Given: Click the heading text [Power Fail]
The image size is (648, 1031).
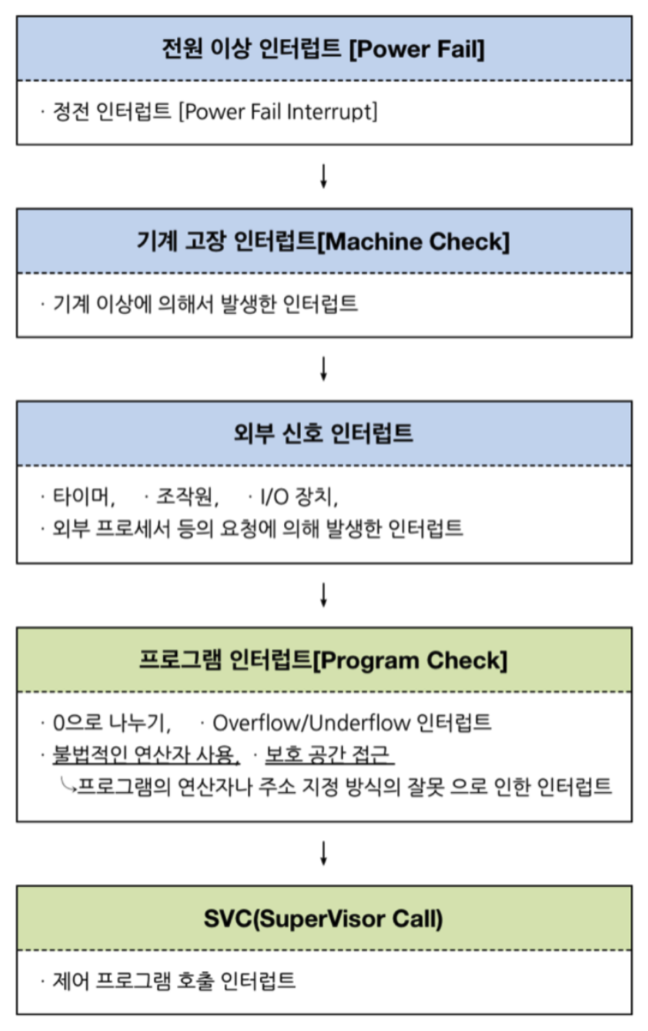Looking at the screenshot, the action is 417,49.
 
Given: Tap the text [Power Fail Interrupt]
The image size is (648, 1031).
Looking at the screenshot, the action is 278,112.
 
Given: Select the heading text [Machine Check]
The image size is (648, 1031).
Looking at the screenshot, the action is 413,242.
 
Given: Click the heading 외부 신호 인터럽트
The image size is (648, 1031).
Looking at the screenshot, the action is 323,433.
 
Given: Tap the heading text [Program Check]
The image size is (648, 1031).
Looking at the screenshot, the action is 410,660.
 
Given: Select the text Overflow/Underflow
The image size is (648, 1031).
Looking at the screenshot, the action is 311,723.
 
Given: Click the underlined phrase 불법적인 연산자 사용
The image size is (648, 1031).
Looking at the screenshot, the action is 146,755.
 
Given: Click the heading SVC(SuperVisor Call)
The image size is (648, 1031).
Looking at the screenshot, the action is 323,918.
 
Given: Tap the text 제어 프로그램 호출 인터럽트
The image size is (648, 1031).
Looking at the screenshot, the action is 174,981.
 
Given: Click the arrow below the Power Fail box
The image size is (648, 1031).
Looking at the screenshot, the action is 323,176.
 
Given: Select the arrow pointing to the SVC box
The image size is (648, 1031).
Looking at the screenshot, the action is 323,853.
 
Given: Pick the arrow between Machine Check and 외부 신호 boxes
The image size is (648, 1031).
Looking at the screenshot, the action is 323,369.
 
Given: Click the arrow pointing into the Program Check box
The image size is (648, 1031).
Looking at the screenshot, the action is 323,595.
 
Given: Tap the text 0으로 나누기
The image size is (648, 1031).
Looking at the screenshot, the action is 111,723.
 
